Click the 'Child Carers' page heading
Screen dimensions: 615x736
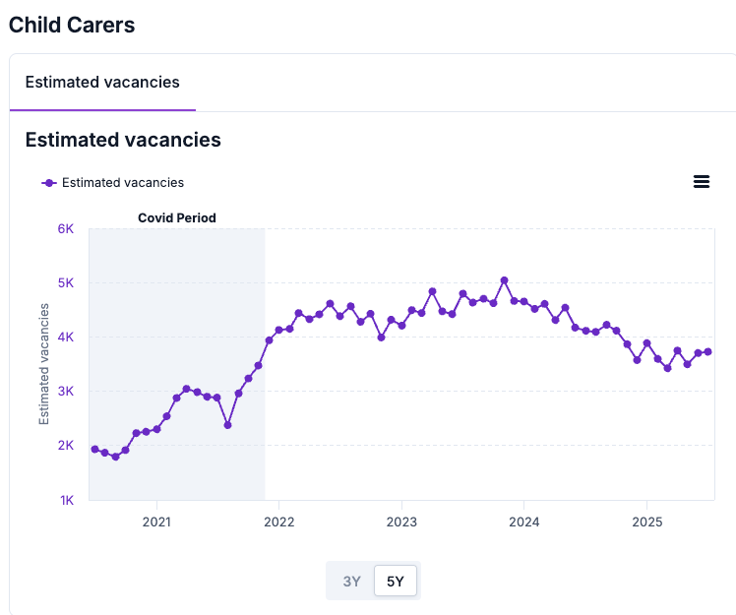point(72,26)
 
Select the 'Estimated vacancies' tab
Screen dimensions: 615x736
point(102,83)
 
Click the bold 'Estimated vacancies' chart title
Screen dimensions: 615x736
point(123,140)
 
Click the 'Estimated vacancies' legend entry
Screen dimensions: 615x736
point(122,182)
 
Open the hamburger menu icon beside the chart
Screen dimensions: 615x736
point(702,181)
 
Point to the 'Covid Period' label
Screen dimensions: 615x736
point(176,217)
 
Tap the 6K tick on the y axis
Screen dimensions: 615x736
point(66,228)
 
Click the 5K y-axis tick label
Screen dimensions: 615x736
point(66,282)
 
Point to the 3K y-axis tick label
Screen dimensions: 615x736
point(66,392)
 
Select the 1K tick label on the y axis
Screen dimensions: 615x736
point(66,500)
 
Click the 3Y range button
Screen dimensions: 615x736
point(351,581)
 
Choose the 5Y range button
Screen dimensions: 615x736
point(396,581)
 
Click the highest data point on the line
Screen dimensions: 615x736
point(504,280)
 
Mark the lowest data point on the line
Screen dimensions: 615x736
point(115,457)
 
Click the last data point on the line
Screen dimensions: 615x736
point(707,351)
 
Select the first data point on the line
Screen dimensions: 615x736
point(94,449)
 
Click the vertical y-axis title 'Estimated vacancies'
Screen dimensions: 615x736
point(44,364)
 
